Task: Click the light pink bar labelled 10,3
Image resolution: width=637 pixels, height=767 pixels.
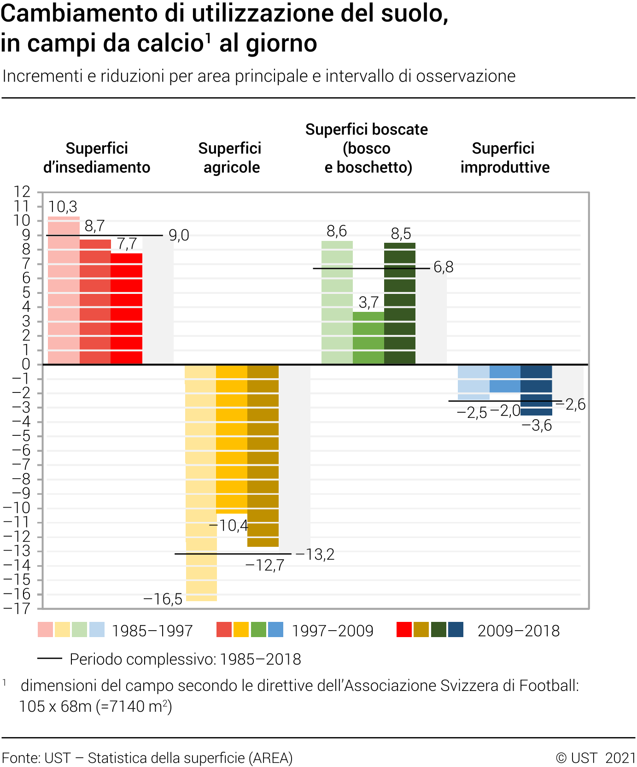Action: [x=64, y=290]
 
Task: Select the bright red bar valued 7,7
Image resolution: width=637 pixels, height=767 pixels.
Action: [x=127, y=309]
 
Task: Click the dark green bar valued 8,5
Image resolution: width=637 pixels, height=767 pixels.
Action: [x=400, y=304]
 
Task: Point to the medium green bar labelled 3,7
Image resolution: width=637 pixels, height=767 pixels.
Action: [x=368, y=338]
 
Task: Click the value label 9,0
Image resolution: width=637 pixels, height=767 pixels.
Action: [x=179, y=235]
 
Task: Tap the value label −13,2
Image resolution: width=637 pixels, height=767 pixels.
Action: [x=315, y=555]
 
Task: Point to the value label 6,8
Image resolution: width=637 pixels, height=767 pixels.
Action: [x=444, y=267]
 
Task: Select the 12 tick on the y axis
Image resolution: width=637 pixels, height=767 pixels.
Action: [x=22, y=192]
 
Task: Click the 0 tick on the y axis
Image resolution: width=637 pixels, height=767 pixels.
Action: [x=26, y=364]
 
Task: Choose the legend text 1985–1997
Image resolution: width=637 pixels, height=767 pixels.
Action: [x=152, y=631]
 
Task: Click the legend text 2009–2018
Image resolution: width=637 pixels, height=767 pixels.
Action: [x=519, y=631]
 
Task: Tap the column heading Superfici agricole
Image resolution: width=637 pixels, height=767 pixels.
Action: [x=230, y=158]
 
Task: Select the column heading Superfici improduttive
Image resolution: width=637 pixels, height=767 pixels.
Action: [x=504, y=158]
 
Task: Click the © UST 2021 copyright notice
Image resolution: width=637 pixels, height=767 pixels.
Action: [x=596, y=758]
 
